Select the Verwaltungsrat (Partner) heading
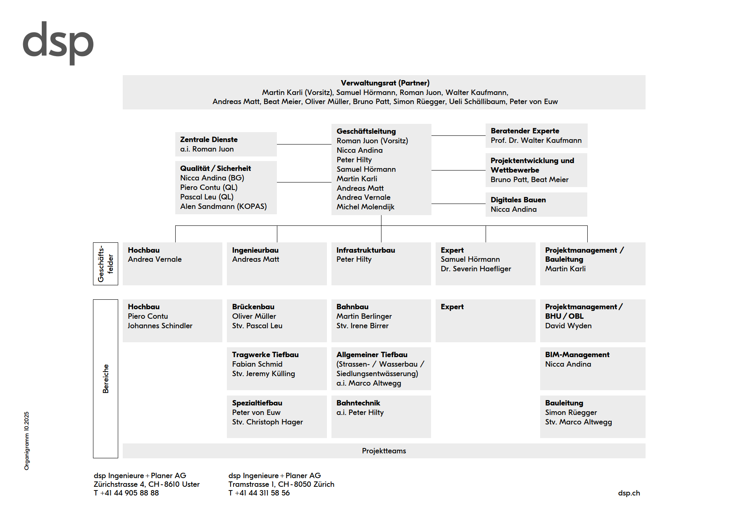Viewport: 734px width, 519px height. click(x=385, y=83)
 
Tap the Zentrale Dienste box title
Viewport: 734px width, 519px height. click(x=209, y=140)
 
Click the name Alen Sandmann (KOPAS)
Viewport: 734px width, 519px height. click(x=223, y=206)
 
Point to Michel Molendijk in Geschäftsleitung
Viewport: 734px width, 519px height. click(x=365, y=207)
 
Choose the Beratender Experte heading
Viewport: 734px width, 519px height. click(x=524, y=131)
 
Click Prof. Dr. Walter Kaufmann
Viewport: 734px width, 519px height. click(x=536, y=140)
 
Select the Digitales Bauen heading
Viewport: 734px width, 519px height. click(x=518, y=200)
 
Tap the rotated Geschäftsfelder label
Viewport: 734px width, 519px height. click(x=105, y=263)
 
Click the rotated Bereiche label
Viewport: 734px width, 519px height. click(x=106, y=378)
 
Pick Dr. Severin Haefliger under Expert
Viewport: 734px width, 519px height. click(x=476, y=269)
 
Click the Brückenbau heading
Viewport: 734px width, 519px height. click(x=253, y=307)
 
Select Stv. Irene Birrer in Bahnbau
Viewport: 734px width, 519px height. click(x=362, y=326)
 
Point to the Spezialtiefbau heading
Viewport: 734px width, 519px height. click(x=257, y=403)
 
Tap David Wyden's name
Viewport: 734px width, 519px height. click(x=568, y=326)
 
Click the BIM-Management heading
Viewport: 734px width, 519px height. click(x=577, y=355)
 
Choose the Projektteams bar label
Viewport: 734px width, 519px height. click(x=384, y=451)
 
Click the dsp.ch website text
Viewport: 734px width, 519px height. click(x=629, y=493)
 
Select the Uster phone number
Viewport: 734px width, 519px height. click(x=126, y=493)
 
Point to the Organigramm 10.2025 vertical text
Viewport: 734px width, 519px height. click(x=27, y=441)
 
